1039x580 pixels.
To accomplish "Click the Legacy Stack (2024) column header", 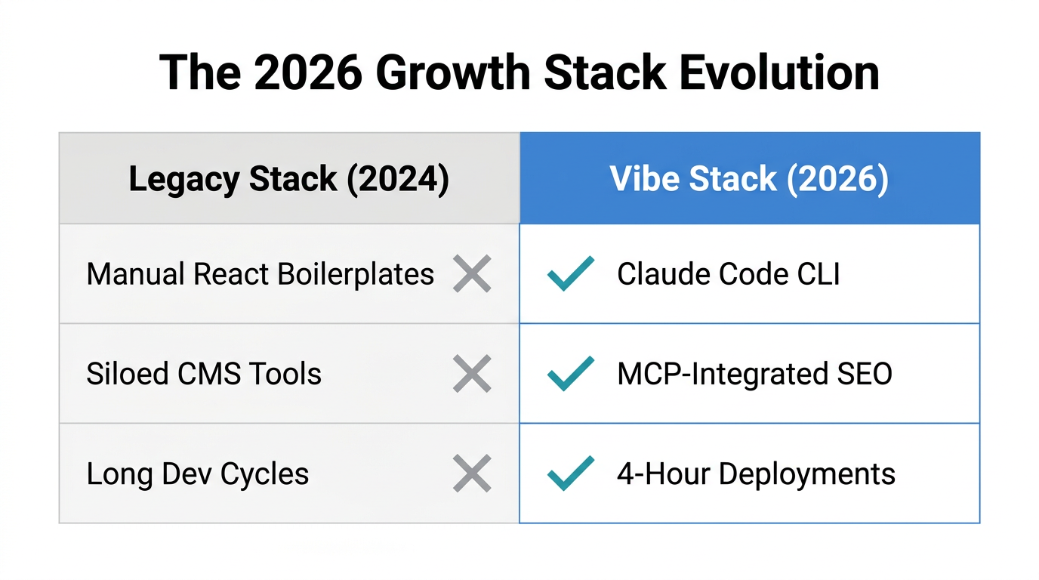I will [x=288, y=179].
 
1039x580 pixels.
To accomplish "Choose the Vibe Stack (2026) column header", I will [x=749, y=179].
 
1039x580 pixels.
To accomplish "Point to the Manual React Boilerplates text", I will [x=260, y=274].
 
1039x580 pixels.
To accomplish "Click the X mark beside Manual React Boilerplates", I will [x=472, y=274].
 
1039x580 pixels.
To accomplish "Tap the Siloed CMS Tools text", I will [x=204, y=374].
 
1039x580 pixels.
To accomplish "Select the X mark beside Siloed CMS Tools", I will [x=472, y=374].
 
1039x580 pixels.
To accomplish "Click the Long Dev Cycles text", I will [x=198, y=474].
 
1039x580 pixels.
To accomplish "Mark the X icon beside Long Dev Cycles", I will [x=472, y=474].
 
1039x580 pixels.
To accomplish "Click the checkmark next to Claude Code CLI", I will [x=570, y=273].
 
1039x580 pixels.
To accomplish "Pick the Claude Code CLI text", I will [x=728, y=274].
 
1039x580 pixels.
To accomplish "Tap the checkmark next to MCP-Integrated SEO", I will [x=570, y=373].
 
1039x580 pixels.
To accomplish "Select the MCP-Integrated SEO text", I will [x=754, y=374].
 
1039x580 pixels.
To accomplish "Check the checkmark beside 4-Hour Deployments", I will [x=570, y=473].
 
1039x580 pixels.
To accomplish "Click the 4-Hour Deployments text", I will [x=756, y=474].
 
